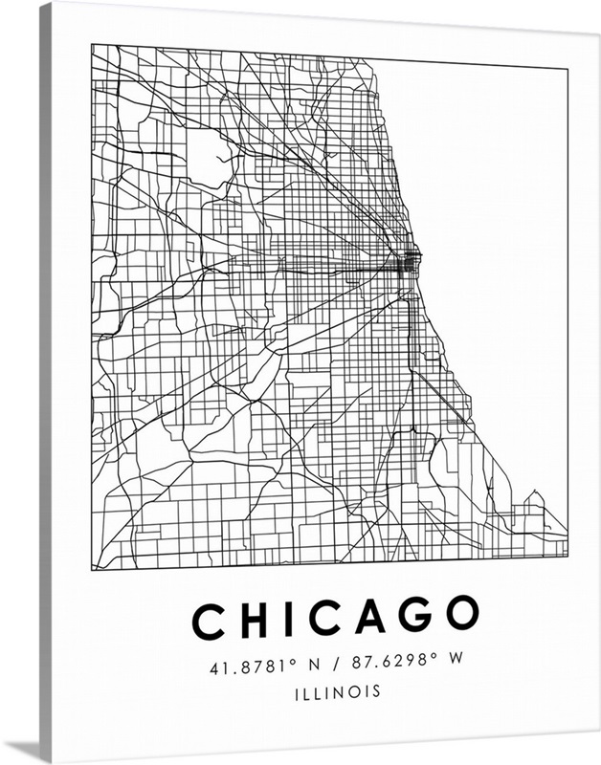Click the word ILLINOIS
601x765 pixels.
337,690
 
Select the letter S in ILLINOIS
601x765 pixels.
375,690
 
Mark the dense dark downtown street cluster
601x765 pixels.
409,261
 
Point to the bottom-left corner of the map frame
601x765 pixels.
93,570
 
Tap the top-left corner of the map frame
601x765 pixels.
92,44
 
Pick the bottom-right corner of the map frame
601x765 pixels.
568,556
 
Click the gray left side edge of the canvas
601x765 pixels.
45,382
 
